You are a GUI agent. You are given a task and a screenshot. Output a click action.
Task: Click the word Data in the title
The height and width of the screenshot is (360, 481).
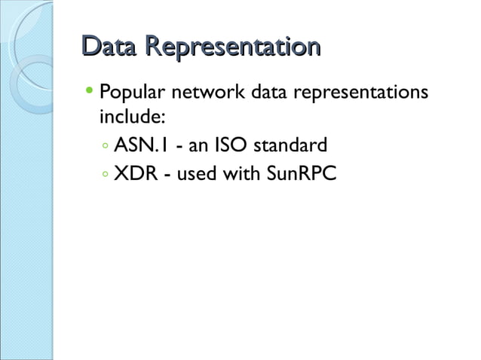point(109,47)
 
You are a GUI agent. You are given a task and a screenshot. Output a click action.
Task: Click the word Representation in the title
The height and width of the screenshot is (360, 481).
point(233,47)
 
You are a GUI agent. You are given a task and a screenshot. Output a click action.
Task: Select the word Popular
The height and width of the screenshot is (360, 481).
point(130,96)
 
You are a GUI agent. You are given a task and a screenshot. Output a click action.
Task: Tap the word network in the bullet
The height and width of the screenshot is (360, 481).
point(207,95)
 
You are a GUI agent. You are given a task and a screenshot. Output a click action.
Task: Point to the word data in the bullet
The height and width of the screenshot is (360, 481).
point(271,95)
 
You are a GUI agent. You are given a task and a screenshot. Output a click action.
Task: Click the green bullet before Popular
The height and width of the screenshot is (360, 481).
point(90,95)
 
